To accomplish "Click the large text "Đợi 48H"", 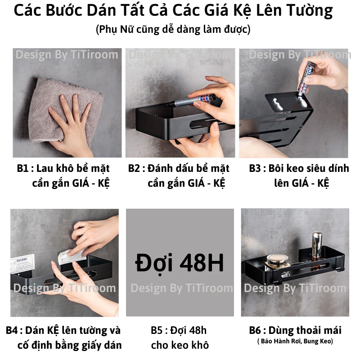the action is (179, 263).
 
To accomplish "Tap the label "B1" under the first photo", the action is (22, 169).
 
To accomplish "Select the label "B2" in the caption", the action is (134, 169).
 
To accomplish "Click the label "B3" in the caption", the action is (255, 169).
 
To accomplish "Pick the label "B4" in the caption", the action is (12, 331).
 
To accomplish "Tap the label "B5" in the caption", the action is (157, 331).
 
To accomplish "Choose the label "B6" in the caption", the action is (255, 331).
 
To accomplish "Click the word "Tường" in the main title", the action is (308, 11).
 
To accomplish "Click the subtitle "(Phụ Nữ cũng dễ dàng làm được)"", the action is (173, 30).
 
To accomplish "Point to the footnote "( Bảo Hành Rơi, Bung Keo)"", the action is (295, 342).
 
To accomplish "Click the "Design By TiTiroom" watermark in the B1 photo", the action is (67, 55).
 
